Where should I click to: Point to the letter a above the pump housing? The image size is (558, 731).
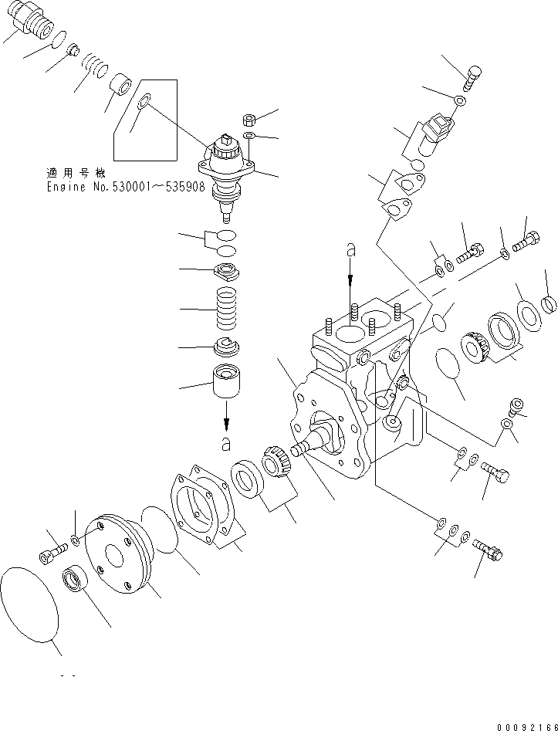pos(350,249)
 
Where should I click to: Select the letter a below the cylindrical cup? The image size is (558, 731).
pos(226,443)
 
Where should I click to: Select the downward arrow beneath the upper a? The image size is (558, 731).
pos(350,274)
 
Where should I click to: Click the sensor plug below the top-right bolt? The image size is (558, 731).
pos(438,127)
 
